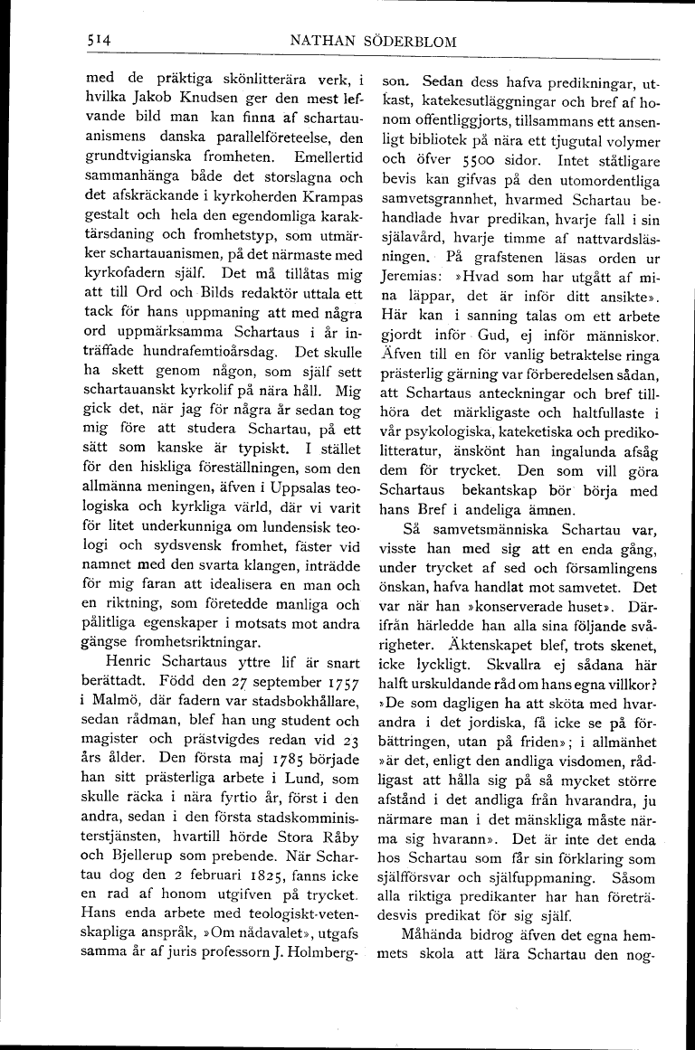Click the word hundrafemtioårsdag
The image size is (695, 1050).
pyautogui.click(x=187, y=352)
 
